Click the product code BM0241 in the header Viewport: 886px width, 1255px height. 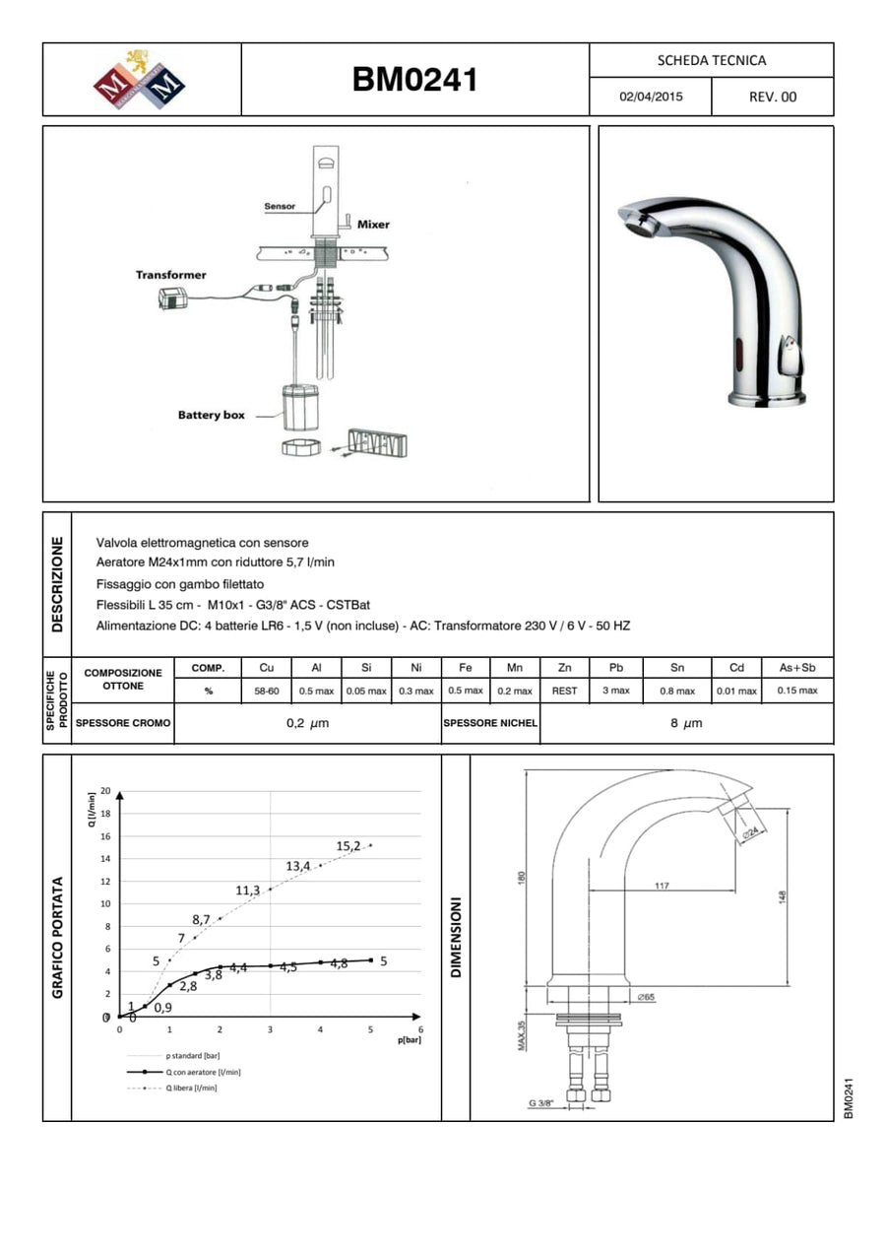[x=414, y=80]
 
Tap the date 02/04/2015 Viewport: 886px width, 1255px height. [x=650, y=98]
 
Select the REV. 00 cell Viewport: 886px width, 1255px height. [x=773, y=98]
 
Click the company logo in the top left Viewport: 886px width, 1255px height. [x=140, y=80]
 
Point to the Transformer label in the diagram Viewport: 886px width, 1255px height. [x=170, y=275]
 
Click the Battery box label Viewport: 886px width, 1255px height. [x=211, y=415]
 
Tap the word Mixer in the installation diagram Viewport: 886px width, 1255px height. [x=373, y=225]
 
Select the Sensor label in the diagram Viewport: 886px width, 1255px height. [x=280, y=207]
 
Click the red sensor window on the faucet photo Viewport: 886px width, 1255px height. [x=737, y=348]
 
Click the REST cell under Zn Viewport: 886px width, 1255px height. [x=564, y=691]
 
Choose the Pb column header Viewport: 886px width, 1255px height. [x=616, y=668]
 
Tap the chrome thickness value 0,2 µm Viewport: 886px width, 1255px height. [x=307, y=724]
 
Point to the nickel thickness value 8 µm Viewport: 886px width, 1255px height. [x=686, y=724]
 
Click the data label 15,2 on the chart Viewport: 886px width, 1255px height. [x=348, y=845]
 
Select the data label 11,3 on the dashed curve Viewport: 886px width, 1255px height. [x=247, y=891]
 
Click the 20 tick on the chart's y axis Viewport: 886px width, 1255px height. [x=105, y=792]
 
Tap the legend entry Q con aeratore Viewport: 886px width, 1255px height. [x=203, y=1072]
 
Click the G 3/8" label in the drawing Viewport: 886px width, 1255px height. [x=540, y=1104]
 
